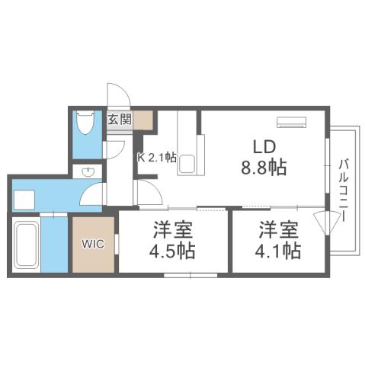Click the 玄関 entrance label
(x=119, y=119)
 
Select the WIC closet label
(x=94, y=245)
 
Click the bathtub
(x=27, y=245)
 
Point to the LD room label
(x=264, y=146)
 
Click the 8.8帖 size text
(x=264, y=168)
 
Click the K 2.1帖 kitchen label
(x=157, y=158)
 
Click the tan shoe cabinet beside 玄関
(x=144, y=120)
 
